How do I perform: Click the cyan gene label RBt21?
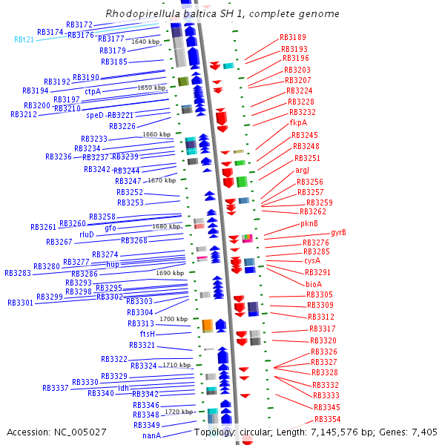[24, 39]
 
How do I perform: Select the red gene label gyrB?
[338, 232]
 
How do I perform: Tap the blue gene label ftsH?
[147, 334]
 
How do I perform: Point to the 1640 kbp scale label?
[145, 42]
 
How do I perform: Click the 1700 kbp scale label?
[173, 319]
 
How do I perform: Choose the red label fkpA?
[298, 122]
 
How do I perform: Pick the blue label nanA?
[151, 435]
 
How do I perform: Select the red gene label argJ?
[302, 170]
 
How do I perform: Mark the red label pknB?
[309, 222]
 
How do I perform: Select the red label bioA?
[314, 283]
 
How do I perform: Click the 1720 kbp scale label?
[178, 411]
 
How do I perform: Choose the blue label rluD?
[87, 234]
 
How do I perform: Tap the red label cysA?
[312, 260]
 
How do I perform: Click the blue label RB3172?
[79, 24]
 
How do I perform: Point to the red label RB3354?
[327, 419]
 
